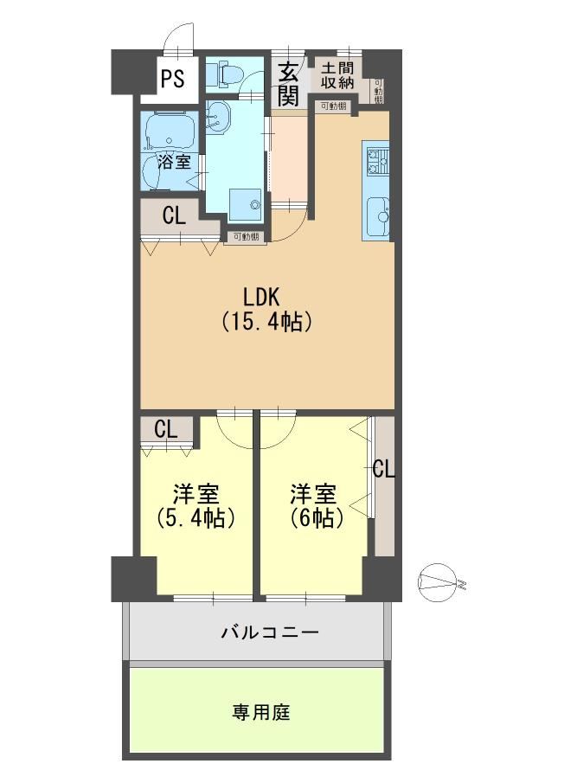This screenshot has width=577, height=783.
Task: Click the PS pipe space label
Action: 173,79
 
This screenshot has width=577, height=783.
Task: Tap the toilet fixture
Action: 226,74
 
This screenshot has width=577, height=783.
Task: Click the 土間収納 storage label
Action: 337,75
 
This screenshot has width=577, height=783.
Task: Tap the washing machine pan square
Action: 245,204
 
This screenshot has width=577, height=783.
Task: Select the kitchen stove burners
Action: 377,160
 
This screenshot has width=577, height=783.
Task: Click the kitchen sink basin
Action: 378,217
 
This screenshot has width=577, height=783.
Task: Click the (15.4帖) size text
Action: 266,321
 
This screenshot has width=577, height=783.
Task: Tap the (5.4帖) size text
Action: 196,519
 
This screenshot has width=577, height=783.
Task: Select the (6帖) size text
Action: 317,519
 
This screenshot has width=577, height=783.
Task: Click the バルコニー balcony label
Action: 270,632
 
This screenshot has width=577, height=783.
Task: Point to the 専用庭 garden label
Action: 261,712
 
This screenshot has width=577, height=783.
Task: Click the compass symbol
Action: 439,582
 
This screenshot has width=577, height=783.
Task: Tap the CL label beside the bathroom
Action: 174,215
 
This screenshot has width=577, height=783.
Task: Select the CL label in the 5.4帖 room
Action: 166,429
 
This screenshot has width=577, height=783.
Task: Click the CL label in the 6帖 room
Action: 384,469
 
